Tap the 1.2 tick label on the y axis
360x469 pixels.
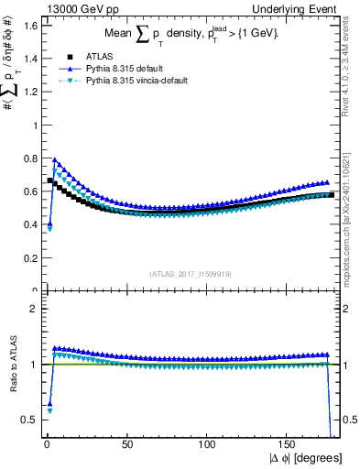tap(28, 91)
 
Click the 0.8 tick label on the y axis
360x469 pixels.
tap(28, 158)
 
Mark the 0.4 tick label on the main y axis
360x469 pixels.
tap(28, 224)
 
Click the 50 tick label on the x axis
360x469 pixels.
tap(126, 446)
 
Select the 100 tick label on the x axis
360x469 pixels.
tap(208, 446)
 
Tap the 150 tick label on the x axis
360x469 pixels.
tap(289, 446)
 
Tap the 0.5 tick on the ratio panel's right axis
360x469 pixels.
tap(348, 420)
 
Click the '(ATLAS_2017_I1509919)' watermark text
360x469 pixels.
tap(190, 273)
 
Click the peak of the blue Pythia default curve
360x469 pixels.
tap(55, 159)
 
